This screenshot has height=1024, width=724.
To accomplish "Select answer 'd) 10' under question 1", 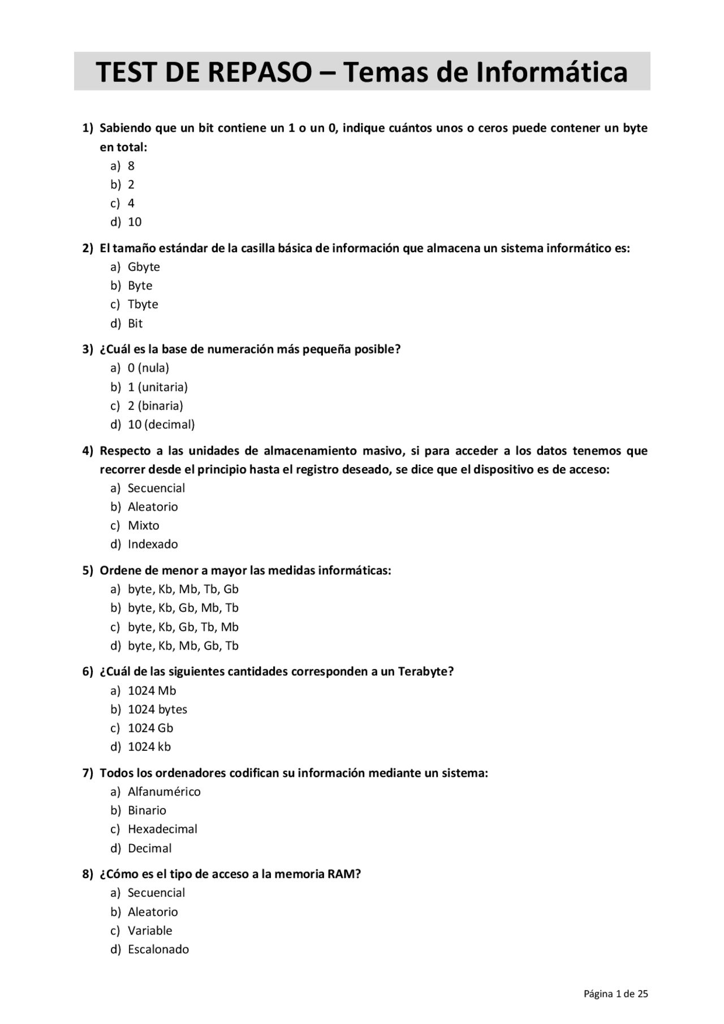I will click(x=134, y=222).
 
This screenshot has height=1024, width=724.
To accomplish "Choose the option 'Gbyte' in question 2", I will click(x=144, y=267).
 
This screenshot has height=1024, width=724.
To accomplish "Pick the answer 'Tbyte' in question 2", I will click(x=143, y=304).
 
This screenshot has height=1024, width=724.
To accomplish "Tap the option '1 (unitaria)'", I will click(x=157, y=387).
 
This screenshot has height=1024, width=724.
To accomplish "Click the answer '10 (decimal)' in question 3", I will click(x=161, y=425).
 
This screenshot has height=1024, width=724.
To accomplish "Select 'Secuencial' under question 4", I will click(x=156, y=488).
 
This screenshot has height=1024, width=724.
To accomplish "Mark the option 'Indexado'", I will click(x=153, y=544).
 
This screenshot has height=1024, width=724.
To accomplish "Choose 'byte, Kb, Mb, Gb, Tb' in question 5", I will click(x=183, y=646).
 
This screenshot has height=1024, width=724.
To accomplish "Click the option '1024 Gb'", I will click(x=150, y=728).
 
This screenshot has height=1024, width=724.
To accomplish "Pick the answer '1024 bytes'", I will click(x=157, y=710).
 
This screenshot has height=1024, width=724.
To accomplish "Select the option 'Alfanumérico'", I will click(x=164, y=792).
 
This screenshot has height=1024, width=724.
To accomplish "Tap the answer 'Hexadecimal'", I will click(x=162, y=829).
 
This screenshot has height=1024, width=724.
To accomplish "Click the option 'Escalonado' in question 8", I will click(x=158, y=949).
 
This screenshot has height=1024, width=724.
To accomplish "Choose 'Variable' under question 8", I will click(x=150, y=931).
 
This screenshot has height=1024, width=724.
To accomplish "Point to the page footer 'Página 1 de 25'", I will click(x=615, y=994).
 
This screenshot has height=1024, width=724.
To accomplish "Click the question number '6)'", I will click(x=88, y=672).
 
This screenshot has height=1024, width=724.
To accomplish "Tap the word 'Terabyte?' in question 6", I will click(x=426, y=672).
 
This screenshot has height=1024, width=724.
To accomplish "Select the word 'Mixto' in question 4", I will click(x=144, y=525).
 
